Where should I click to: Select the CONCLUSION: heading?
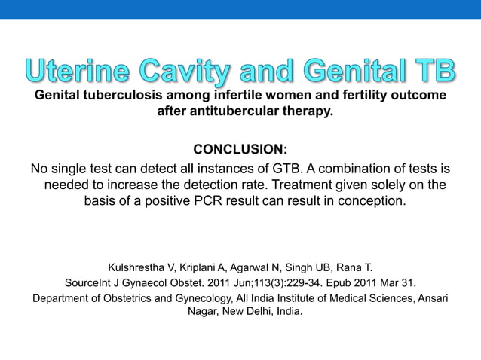point(240,148)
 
